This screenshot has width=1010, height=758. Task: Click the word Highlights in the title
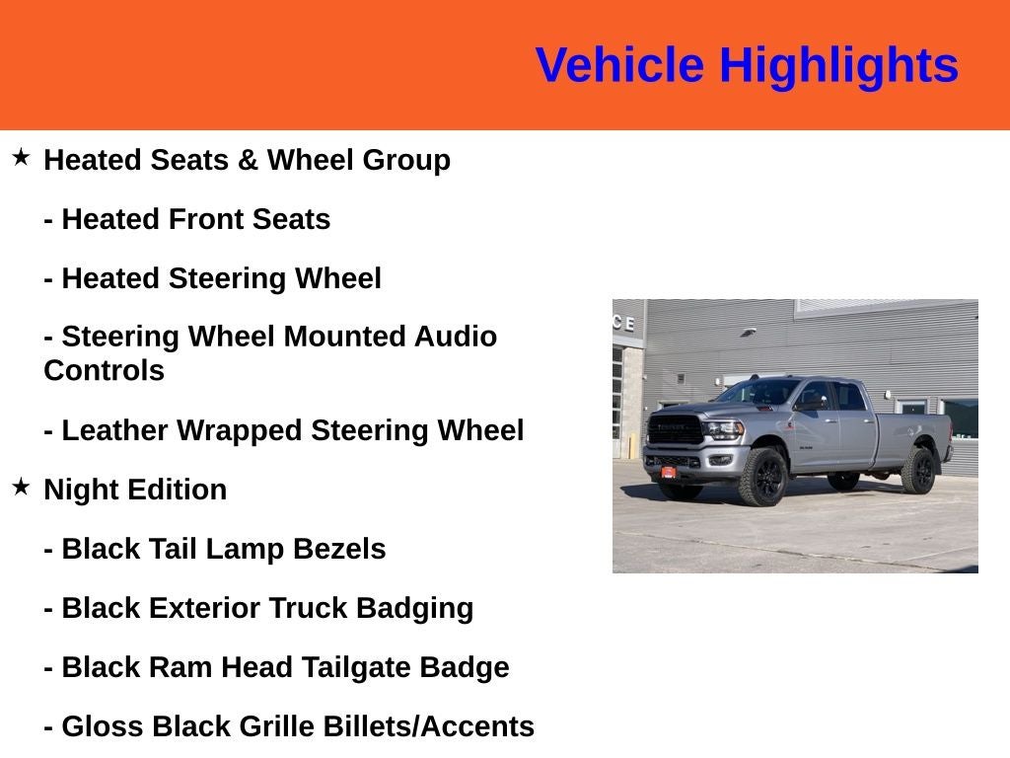click(x=838, y=66)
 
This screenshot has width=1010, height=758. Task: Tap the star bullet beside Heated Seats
click(x=21, y=157)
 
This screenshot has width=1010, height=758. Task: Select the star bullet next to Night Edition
click(x=21, y=487)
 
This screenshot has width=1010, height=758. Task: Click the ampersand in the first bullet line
click(x=248, y=160)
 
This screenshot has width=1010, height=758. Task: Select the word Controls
click(x=104, y=371)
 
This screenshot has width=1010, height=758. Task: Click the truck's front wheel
click(x=763, y=478)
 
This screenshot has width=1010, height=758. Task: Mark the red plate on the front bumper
click(x=668, y=472)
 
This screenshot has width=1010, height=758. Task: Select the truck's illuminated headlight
click(x=723, y=429)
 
